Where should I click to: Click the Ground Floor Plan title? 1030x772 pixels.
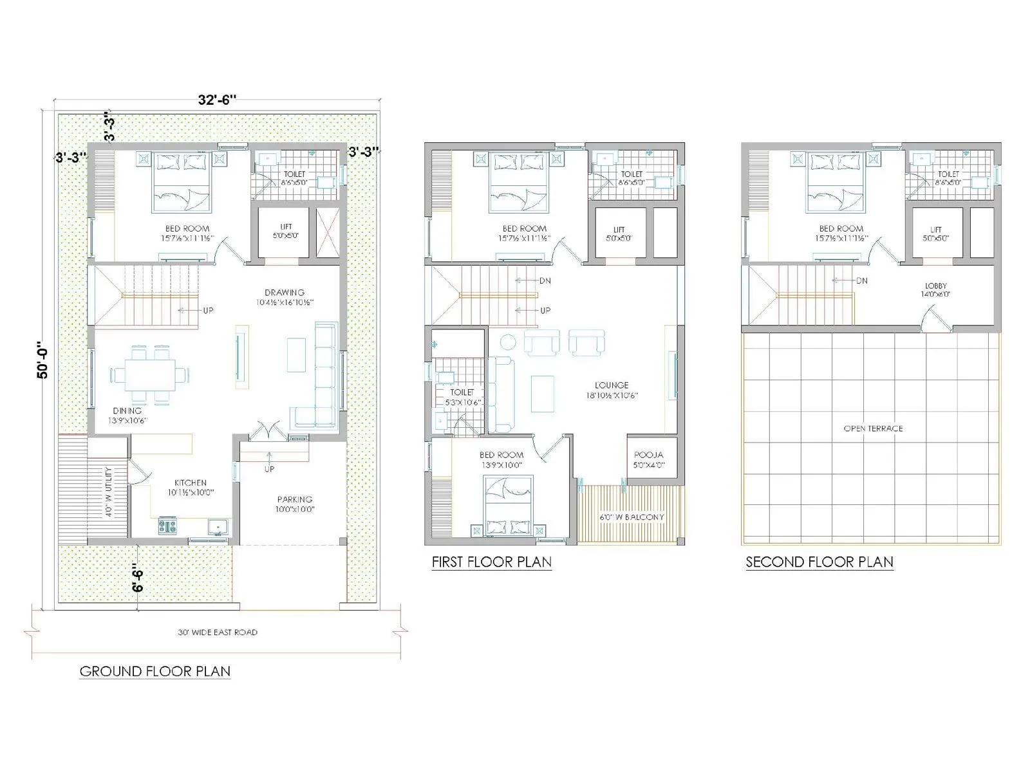point(154,672)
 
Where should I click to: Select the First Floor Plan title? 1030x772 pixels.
point(491,562)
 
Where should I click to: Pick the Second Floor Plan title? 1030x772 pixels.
point(819,562)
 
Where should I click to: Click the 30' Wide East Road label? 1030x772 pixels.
point(217,632)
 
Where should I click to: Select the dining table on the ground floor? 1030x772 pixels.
point(149,374)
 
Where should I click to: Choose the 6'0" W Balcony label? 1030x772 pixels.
point(632,517)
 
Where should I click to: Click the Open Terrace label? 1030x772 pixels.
point(873,428)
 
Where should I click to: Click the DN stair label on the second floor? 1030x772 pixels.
point(861,280)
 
